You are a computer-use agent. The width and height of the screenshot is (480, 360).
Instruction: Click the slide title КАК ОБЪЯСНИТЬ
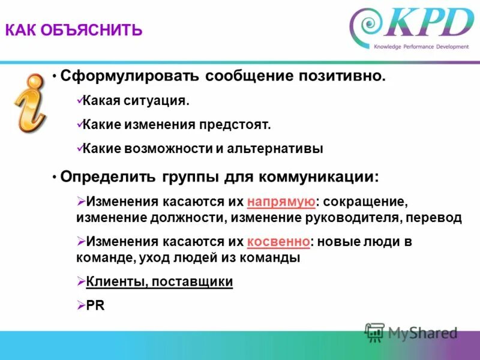74,30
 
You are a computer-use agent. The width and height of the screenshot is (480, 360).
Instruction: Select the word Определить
108,178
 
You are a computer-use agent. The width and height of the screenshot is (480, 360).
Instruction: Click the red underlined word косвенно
278,241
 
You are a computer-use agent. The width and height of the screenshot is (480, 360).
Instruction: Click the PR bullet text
95,305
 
